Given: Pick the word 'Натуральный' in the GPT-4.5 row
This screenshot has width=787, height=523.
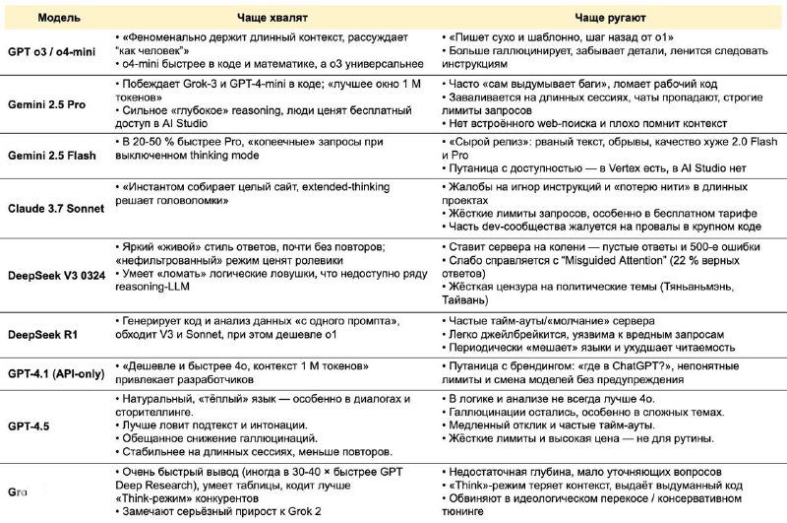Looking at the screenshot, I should (160, 397).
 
